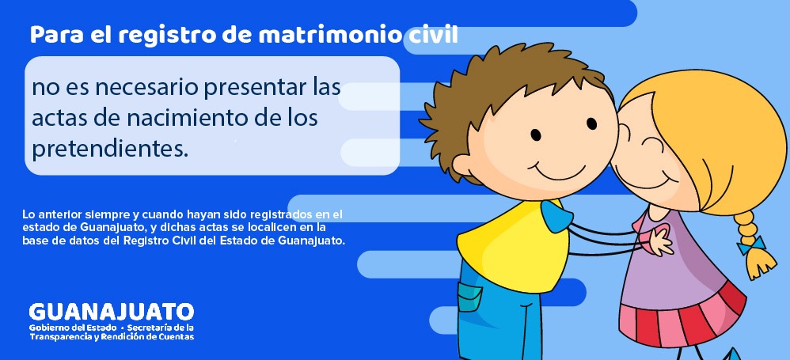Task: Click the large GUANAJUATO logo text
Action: coord(111,311)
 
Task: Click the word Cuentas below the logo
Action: coord(175,336)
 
